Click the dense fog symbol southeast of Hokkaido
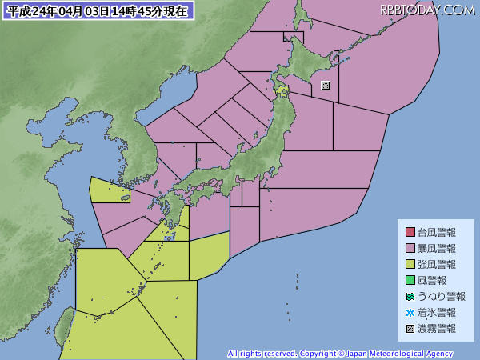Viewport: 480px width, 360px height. (x=325, y=86)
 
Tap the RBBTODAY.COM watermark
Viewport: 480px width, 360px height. (x=427, y=10)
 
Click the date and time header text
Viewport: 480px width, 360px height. (x=98, y=11)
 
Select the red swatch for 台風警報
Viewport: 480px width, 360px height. (x=410, y=233)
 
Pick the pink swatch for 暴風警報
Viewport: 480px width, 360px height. (x=410, y=249)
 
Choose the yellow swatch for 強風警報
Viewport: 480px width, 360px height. (x=410, y=265)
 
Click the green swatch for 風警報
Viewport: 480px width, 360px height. (x=410, y=281)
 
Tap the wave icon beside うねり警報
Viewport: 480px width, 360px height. (x=410, y=297)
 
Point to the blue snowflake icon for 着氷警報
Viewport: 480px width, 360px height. (x=410, y=313)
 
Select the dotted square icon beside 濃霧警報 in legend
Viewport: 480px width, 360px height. (x=410, y=329)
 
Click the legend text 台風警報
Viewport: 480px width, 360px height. (x=437, y=233)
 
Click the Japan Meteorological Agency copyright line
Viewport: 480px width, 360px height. (x=340, y=354)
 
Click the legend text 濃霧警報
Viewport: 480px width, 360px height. (x=437, y=329)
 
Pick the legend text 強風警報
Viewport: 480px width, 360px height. (x=437, y=265)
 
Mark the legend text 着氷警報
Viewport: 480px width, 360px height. (x=437, y=313)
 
